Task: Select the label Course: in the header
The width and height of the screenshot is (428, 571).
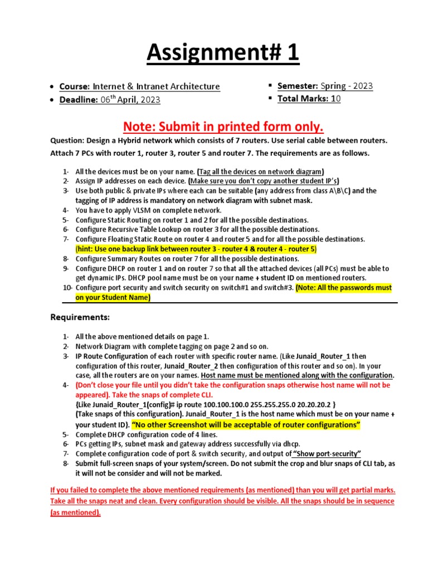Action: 75,86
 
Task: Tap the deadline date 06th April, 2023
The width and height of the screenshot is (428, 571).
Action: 130,99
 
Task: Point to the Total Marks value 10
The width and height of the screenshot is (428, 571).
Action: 335,99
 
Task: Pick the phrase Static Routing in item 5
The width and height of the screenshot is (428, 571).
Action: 131,220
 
